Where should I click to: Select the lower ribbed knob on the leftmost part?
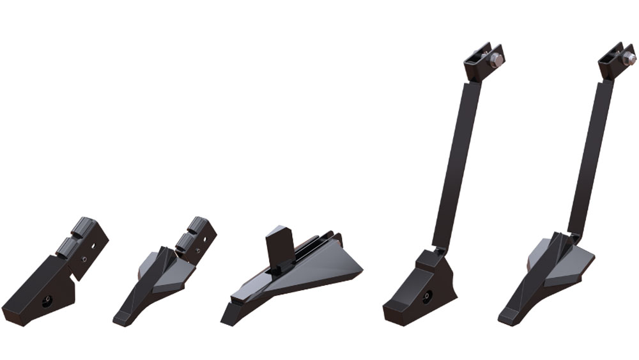[66, 246]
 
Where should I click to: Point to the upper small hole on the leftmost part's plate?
[94, 244]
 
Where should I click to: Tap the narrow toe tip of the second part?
[120, 318]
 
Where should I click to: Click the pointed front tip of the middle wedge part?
[227, 317]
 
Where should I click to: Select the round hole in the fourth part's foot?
[426, 296]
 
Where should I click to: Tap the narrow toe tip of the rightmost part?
[505, 317]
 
